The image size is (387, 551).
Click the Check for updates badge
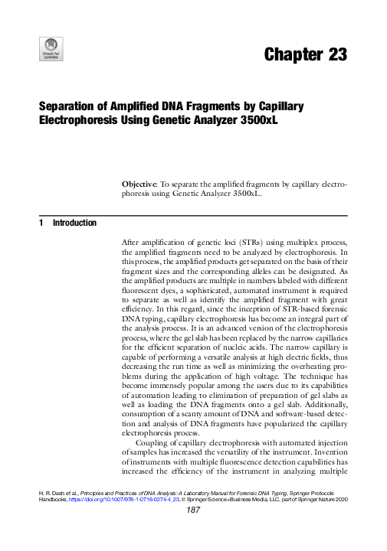point(51,49)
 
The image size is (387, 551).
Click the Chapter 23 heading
point(306,54)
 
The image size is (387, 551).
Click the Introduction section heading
point(74,223)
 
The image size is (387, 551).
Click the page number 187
point(193,532)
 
